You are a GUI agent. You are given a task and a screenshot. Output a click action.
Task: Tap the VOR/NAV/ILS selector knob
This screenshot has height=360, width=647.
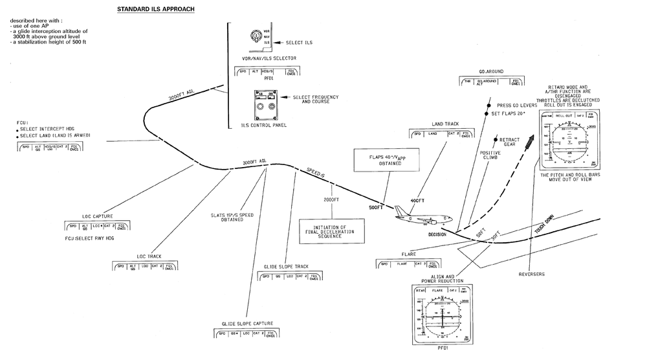[x=257, y=36]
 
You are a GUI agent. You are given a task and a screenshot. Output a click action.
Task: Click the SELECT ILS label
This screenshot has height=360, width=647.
[x=299, y=42]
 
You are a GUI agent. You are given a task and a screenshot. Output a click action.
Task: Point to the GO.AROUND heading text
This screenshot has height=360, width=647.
[x=491, y=71]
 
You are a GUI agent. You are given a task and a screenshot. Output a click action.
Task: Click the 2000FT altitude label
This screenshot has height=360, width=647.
[x=331, y=200]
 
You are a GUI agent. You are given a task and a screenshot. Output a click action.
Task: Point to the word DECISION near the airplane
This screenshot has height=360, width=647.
[x=438, y=234]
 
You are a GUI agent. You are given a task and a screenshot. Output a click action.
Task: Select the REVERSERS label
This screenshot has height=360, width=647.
[x=531, y=274]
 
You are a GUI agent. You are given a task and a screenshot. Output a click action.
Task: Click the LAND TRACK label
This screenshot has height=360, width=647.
[x=445, y=124]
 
